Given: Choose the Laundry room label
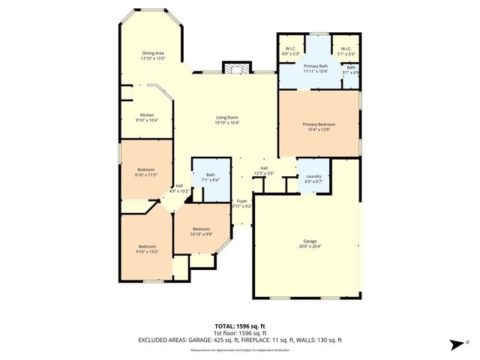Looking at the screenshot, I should [x=313, y=178].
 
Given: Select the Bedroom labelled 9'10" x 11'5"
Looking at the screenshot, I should [x=146, y=172].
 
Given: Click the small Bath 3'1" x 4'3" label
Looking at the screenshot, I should [x=351, y=70].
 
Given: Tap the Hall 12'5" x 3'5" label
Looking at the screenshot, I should [x=264, y=170].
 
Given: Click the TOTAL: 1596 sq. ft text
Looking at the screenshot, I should [x=240, y=326].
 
